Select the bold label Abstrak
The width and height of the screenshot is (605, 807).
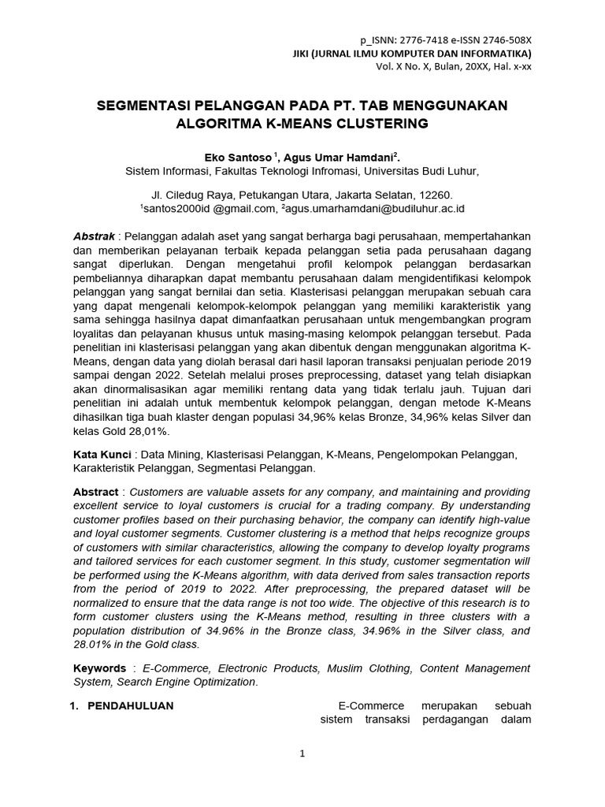(94, 236)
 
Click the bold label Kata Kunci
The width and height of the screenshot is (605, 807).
(101, 455)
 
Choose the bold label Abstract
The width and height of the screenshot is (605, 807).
(95, 492)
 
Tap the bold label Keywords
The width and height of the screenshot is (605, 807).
(99, 668)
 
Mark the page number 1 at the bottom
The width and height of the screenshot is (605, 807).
(302, 754)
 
